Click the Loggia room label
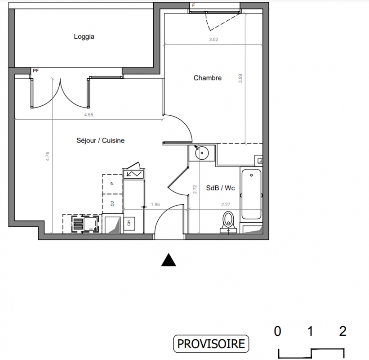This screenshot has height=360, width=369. (x=84, y=36)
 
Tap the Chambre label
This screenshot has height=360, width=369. (x=208, y=78)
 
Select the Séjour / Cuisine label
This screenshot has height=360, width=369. (x=101, y=140)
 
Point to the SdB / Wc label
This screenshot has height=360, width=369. (x=221, y=188)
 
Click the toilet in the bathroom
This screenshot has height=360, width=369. (x=228, y=222)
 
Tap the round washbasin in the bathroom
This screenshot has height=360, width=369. (x=202, y=153)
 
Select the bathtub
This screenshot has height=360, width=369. (x=251, y=194)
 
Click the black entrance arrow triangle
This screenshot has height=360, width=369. (x=169, y=260)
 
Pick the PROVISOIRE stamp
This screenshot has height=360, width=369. (x=211, y=344)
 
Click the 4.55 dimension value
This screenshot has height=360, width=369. (x=89, y=115)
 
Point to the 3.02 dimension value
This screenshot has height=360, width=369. (x=213, y=39)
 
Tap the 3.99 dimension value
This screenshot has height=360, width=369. (x=240, y=78)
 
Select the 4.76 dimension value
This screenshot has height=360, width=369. (x=47, y=156)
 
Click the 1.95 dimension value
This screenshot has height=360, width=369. (x=156, y=204)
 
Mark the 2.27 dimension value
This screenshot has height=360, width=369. (x=226, y=204)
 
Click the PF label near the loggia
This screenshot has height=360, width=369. (x=36, y=71)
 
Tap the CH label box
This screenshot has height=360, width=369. (x=129, y=223)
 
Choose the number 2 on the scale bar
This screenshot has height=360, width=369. (x=342, y=331)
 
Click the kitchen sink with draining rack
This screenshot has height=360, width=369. (x=84, y=224)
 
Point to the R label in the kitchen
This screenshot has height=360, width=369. (x=112, y=183)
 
